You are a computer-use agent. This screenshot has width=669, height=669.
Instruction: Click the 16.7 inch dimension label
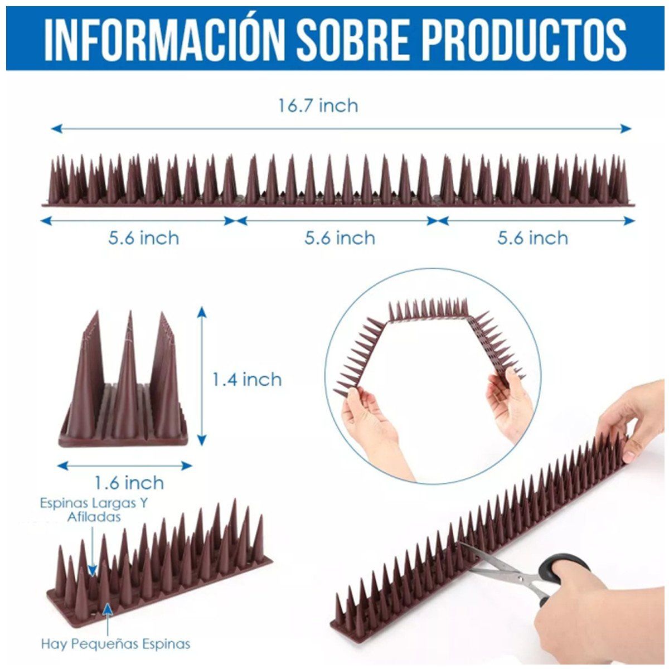318,105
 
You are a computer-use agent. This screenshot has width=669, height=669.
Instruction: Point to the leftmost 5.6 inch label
144,238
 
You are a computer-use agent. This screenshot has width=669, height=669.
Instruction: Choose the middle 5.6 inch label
340,238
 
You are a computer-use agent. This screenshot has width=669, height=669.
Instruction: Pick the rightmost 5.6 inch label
533,238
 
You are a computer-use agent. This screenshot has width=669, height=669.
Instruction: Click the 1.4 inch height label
247,379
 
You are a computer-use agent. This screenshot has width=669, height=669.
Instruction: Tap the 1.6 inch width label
129,483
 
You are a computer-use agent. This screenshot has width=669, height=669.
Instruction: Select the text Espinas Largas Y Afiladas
94,510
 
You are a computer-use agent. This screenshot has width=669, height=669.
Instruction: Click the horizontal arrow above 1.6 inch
125,466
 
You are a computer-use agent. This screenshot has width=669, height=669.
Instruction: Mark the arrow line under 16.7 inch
341,129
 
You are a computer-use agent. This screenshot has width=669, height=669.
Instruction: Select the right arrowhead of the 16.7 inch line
626,129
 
